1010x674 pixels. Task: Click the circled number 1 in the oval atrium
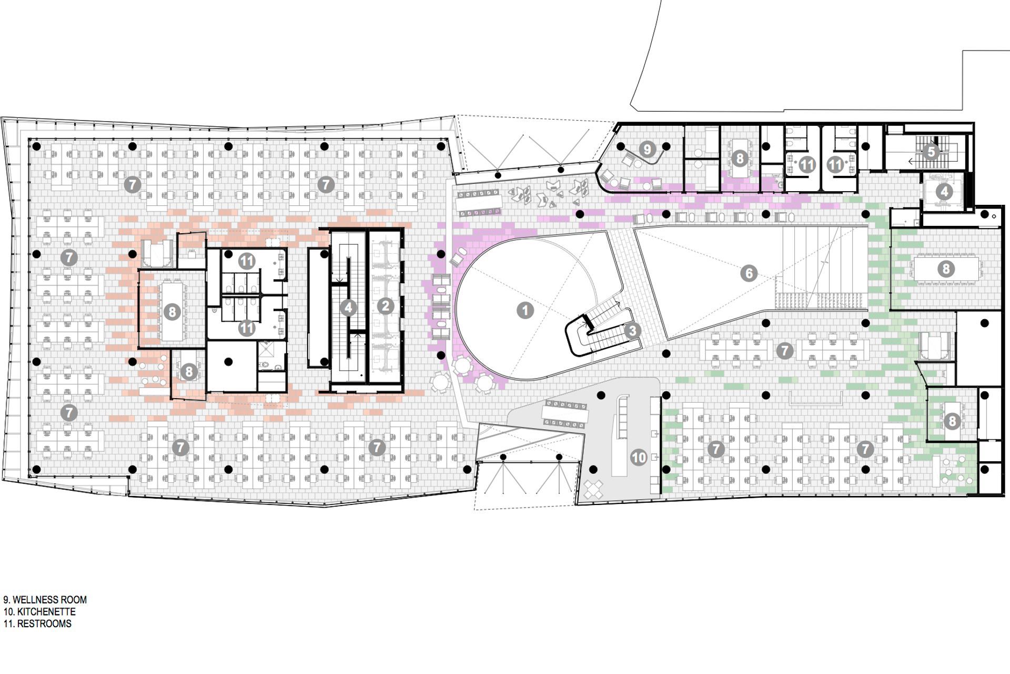click(524, 310)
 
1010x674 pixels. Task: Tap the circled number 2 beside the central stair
click(386, 306)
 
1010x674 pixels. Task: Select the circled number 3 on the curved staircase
click(632, 331)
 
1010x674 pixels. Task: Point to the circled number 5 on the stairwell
click(931, 152)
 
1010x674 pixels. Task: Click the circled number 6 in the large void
click(749, 273)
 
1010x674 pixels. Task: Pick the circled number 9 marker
click(648, 150)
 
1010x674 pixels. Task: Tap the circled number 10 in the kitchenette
click(639, 457)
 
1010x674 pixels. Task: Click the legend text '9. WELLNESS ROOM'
click(45, 600)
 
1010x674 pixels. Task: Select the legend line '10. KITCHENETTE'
click(39, 612)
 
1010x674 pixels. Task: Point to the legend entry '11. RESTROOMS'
click(37, 624)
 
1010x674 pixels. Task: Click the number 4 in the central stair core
click(348, 308)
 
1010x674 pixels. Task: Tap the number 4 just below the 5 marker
click(945, 192)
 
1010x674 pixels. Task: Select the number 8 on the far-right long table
click(946, 269)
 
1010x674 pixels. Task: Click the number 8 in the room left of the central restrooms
click(171, 312)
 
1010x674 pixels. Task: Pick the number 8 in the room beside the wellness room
click(740, 158)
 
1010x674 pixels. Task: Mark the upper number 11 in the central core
click(246, 260)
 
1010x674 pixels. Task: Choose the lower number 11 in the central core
click(246, 328)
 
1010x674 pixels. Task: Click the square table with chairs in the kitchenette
click(595, 489)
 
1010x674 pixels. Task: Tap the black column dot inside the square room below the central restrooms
click(228, 361)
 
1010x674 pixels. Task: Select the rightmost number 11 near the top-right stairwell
click(835, 165)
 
